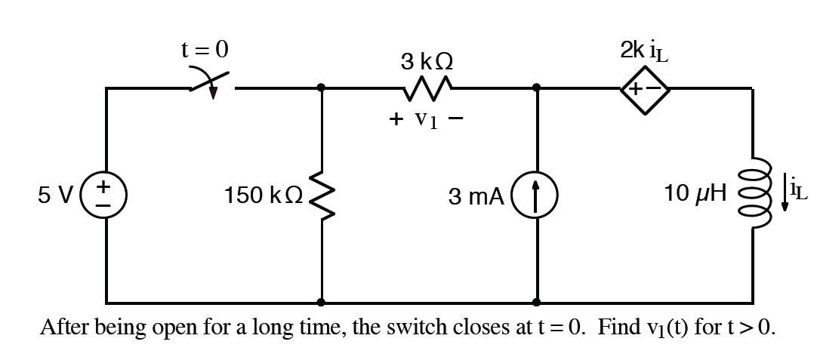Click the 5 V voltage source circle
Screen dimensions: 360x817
(106, 195)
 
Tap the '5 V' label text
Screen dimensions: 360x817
(55, 195)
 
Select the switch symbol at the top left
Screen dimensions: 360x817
(211, 85)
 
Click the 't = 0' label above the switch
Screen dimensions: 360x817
(204, 50)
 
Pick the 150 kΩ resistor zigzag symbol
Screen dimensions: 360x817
(322, 195)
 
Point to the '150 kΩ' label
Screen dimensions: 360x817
(263, 195)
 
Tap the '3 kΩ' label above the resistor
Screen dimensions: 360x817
(427, 61)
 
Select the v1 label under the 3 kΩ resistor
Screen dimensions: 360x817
(425, 120)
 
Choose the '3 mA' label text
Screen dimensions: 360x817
(475, 196)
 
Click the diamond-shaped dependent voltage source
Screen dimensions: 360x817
(644, 89)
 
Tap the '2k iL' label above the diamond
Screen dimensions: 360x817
(644, 51)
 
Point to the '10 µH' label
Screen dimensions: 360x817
(695, 193)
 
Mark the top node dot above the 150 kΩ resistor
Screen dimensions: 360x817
(322, 88)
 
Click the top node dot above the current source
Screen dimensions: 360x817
(536, 88)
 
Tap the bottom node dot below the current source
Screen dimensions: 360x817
(536, 302)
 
